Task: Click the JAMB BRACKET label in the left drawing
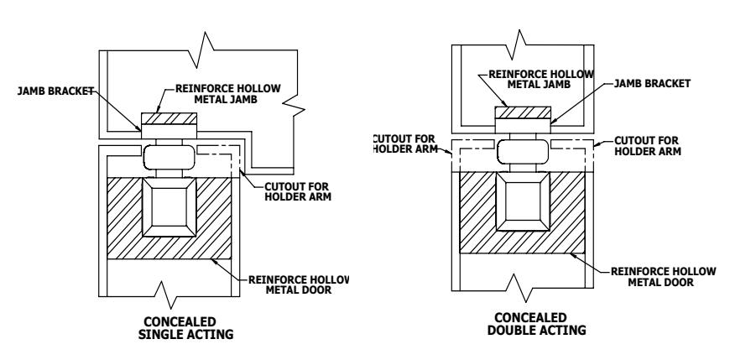click(x=56, y=91)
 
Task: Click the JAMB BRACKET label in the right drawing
click(x=652, y=83)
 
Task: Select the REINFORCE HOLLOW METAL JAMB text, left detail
click(x=227, y=94)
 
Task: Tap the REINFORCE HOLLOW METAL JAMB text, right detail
click(x=541, y=79)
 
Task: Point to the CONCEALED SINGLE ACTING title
click(x=185, y=328)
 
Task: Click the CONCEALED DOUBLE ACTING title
click(x=536, y=324)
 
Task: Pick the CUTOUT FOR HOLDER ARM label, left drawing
click(x=298, y=191)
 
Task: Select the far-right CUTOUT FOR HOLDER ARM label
click(x=648, y=146)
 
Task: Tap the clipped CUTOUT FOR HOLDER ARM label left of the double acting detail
click(x=405, y=143)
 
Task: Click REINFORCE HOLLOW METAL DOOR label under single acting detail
click(x=299, y=284)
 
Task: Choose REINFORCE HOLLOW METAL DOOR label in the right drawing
click(x=663, y=277)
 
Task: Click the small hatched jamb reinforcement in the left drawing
click(x=169, y=119)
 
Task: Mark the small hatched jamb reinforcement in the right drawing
click(x=523, y=112)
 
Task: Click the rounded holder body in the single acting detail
click(x=169, y=157)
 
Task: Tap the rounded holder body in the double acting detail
click(x=523, y=152)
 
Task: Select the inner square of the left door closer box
click(x=169, y=206)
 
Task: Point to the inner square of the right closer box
click(x=523, y=201)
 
